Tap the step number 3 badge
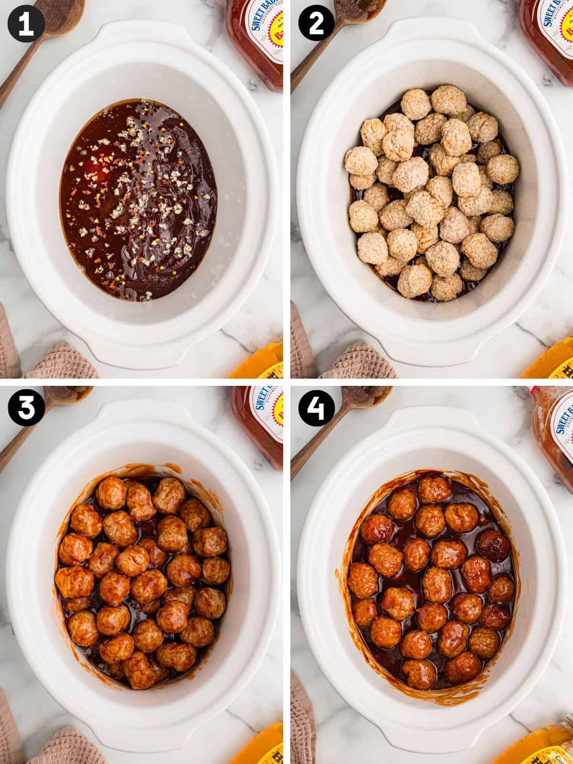click(x=26, y=409)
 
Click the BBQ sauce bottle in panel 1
click(x=255, y=38)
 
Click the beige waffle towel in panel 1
click(x=53, y=363)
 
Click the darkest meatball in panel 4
click(x=493, y=545)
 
